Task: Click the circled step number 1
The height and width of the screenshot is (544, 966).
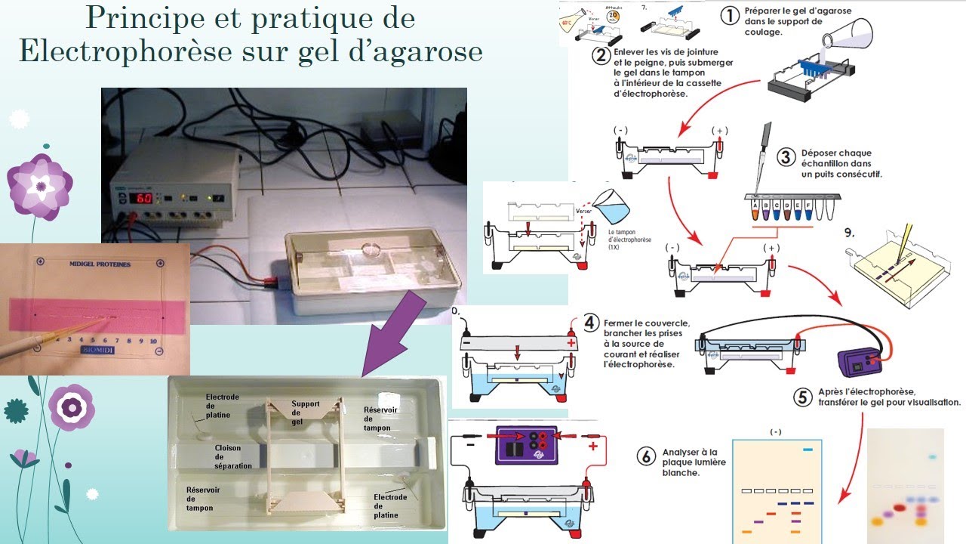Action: click(x=729, y=14)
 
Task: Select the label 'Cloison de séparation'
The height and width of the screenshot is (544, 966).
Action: click(x=233, y=456)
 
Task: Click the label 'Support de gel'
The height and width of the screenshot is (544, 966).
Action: click(x=306, y=413)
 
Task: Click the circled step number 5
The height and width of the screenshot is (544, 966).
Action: click(x=804, y=396)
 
